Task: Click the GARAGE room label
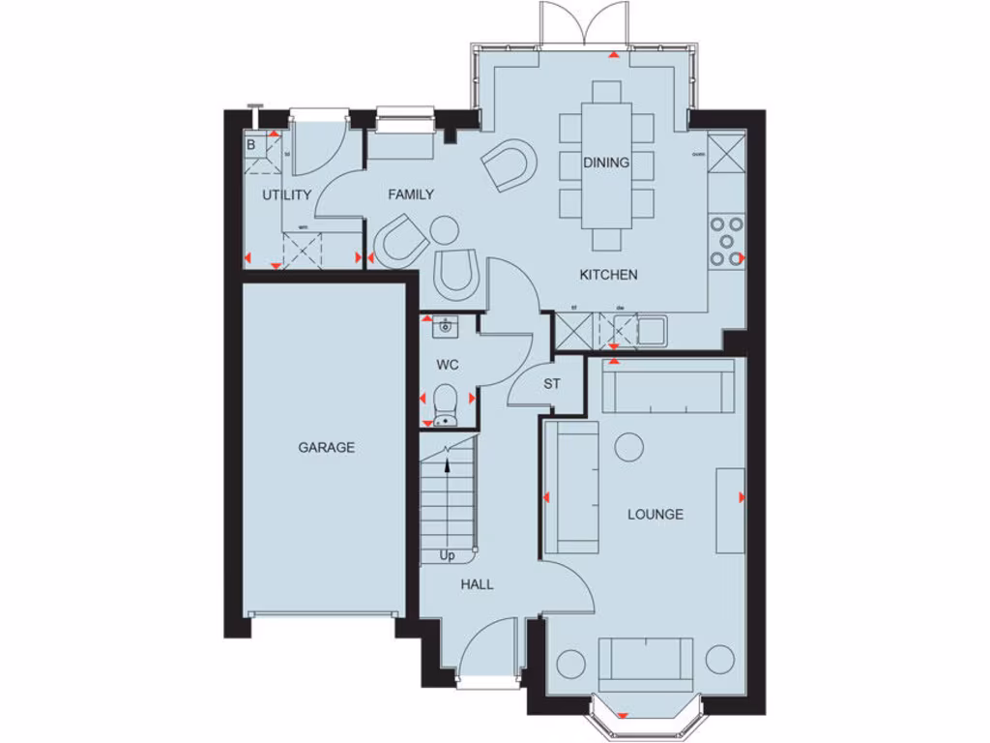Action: [326, 448]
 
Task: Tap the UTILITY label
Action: [287, 194]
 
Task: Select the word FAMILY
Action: [411, 194]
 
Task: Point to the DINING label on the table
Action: [606, 163]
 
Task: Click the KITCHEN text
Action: [608, 275]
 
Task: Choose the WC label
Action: [447, 365]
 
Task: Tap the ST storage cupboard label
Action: [551, 384]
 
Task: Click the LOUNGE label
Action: [655, 515]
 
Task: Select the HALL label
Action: [477, 584]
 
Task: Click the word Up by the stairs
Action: [448, 556]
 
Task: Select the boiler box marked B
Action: [251, 145]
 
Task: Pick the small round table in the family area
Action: [445, 230]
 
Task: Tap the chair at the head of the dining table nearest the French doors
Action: [606, 92]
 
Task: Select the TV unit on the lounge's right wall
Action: [730, 510]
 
